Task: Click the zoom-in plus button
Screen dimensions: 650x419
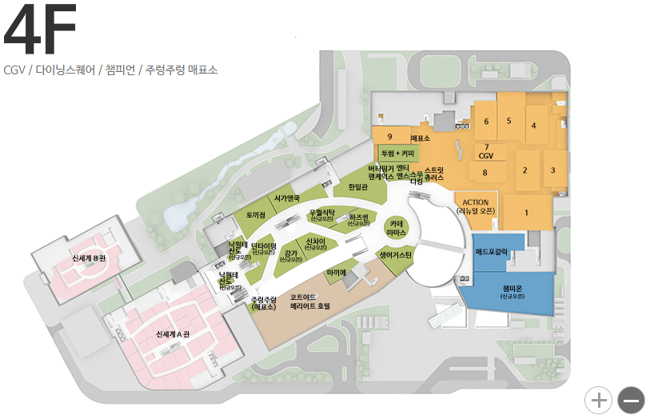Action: pyautogui.click(x=598, y=398)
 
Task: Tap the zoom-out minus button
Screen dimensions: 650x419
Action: pyautogui.click(x=631, y=398)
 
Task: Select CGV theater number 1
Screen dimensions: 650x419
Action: pyautogui.click(x=527, y=213)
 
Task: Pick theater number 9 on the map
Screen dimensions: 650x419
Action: pyautogui.click(x=389, y=137)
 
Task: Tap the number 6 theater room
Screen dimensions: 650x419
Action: pyautogui.click(x=485, y=122)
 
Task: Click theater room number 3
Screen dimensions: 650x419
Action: pyautogui.click(x=552, y=170)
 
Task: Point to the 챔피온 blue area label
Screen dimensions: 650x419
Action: pyautogui.click(x=512, y=289)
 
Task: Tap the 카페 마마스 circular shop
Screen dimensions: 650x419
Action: pyautogui.click(x=397, y=228)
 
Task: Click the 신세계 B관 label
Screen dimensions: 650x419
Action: pyautogui.click(x=89, y=258)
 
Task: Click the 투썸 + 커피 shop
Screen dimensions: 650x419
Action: pyautogui.click(x=397, y=152)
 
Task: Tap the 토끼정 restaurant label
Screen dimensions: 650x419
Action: pyautogui.click(x=255, y=215)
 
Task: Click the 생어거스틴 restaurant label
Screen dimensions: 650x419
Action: pyautogui.click(x=397, y=254)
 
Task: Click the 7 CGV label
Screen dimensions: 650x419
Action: pyautogui.click(x=486, y=152)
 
